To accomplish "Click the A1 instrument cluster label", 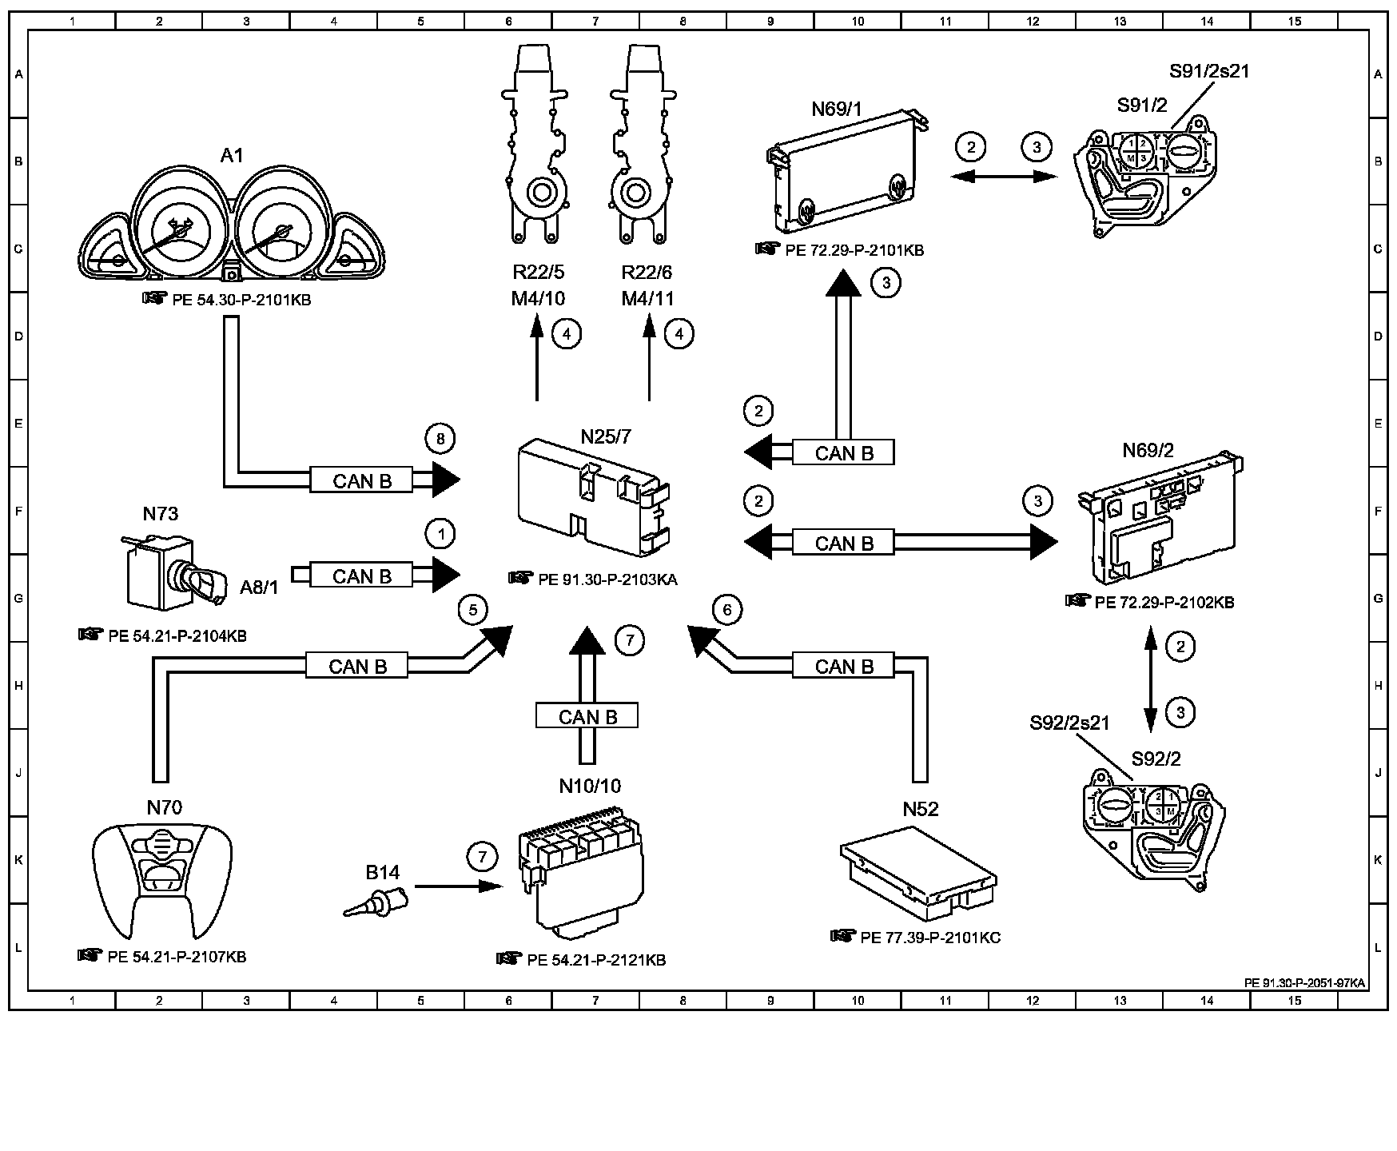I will pos(231,155).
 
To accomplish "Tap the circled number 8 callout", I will pos(440,438).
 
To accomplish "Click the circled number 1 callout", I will pos(440,533).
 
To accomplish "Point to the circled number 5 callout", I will pos(473,611).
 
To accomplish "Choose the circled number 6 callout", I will pos(726,611).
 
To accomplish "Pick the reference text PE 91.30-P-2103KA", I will pos(607,580).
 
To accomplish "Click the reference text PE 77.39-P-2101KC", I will pos(930,938).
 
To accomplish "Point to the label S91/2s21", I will pos(1209,71).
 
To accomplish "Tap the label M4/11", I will pos(648,299).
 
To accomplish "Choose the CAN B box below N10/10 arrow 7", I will pos(587,716).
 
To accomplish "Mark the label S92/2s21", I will pos(1069,723).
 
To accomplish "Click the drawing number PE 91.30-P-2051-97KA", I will pos(1304,983).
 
